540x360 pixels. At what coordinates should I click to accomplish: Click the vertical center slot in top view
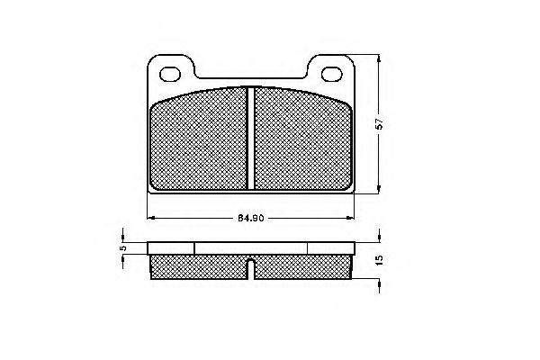click(250, 137)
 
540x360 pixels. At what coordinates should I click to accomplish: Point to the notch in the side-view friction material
click(250, 264)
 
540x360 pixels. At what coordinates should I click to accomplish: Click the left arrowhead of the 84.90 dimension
click(150, 217)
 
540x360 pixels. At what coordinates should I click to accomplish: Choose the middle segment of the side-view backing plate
click(250, 247)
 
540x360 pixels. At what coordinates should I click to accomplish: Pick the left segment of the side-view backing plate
click(171, 247)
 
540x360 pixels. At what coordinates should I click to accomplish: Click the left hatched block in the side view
click(198, 265)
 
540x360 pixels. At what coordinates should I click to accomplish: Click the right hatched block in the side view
click(301, 265)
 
